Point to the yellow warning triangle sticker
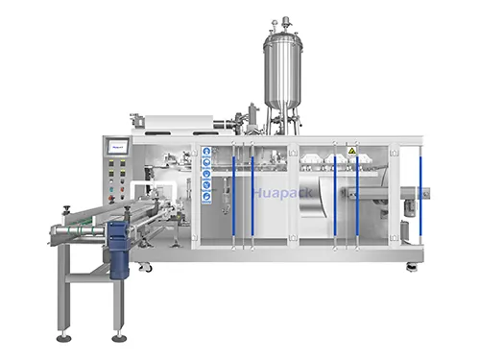point(351,151)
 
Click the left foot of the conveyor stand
point(63,337)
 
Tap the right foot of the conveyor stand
point(119,337)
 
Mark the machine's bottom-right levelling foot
point(412,266)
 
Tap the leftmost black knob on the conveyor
point(66,208)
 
